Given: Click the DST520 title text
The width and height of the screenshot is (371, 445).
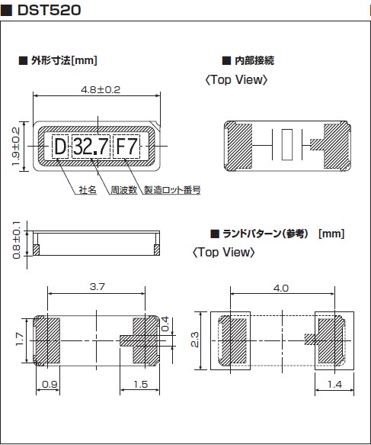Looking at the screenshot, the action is point(49,10).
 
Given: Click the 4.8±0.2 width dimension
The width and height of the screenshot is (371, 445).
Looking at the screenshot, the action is point(101,89).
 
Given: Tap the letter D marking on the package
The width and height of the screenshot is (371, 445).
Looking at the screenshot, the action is point(60,147).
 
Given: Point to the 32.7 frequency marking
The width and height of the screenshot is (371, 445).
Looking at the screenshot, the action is point(91,147).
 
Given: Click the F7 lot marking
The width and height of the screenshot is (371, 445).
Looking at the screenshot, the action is point(126,147).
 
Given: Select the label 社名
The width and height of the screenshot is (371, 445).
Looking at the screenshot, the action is point(88,190).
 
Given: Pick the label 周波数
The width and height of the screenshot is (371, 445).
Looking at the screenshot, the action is point(123,190).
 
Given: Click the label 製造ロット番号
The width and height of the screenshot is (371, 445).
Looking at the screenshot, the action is point(172,190).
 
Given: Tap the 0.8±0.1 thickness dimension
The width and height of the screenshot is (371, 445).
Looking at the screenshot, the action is point(17,240).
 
